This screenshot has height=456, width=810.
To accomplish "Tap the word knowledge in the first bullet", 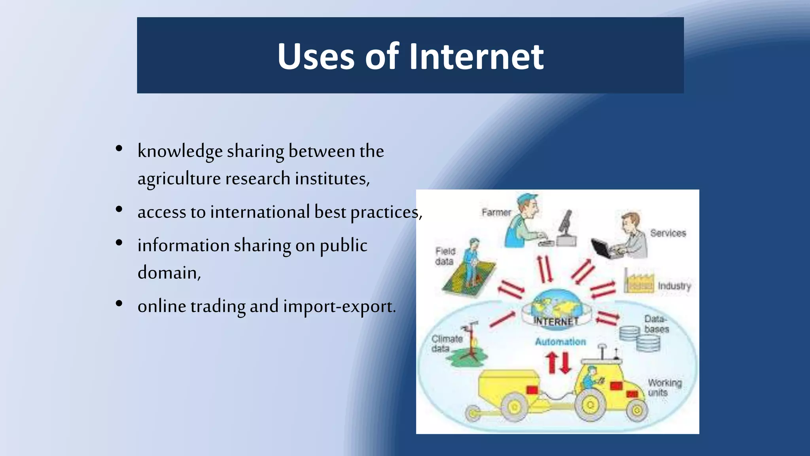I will point(180,151).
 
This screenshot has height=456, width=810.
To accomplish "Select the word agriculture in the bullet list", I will point(179,179).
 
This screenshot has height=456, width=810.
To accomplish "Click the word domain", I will point(169,273).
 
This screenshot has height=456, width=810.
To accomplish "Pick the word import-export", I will point(339,306).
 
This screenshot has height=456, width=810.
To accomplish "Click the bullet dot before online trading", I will point(119,304).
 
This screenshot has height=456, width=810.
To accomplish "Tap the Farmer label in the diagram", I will point(496,213).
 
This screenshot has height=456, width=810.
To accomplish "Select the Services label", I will point(668,233).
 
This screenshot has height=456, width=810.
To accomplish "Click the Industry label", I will point(674,286).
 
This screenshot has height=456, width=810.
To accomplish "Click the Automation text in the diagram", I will point(560,342).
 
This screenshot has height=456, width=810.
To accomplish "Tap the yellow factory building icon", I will point(639,282).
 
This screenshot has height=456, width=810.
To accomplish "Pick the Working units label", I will point(664,388).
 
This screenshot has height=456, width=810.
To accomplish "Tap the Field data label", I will point(445,256).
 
